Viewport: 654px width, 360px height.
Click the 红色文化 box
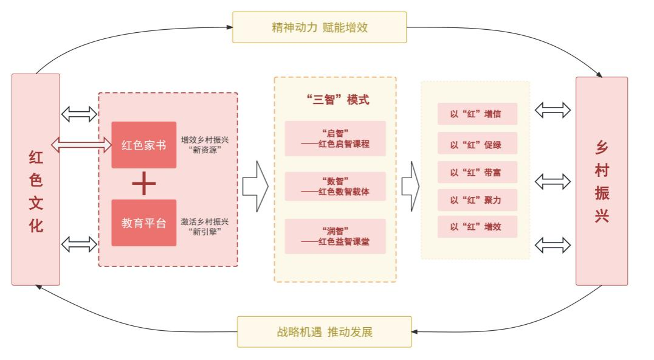(x=36, y=180)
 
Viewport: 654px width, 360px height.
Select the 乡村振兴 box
(x=601, y=181)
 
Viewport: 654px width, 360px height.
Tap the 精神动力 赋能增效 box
(x=319, y=27)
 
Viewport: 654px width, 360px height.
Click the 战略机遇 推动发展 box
(x=324, y=332)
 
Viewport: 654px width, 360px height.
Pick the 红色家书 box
(x=144, y=145)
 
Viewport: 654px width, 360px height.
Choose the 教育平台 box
(x=144, y=223)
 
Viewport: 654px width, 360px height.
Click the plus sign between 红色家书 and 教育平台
(x=144, y=184)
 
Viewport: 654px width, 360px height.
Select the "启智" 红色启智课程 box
(x=336, y=139)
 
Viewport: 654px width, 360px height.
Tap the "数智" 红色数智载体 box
(x=336, y=187)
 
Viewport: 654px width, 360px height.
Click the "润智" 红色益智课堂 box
(x=336, y=237)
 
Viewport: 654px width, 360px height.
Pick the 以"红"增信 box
(x=477, y=114)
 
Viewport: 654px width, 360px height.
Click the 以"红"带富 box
(x=477, y=172)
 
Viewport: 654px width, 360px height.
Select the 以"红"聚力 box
(x=477, y=200)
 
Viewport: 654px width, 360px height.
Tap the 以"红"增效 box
(x=477, y=227)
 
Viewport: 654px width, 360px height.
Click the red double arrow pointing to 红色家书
(x=81, y=145)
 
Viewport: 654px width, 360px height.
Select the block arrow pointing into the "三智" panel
(x=255, y=187)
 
